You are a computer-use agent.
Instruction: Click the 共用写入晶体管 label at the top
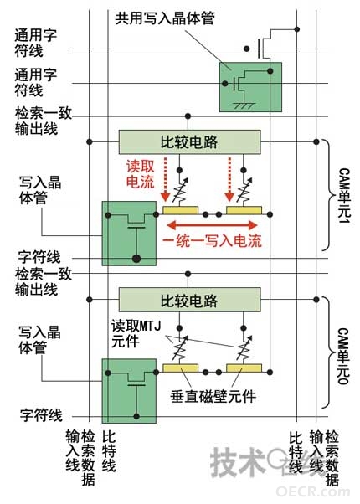click(165, 18)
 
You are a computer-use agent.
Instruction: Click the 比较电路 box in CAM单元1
click(190, 141)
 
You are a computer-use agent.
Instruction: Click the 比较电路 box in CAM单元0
click(190, 300)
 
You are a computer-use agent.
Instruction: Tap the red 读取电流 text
click(141, 174)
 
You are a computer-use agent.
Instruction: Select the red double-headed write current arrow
click(213, 224)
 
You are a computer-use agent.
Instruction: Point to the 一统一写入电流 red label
click(213, 241)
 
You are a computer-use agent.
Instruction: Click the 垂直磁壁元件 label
click(213, 396)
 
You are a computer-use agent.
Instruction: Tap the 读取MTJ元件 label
click(136, 334)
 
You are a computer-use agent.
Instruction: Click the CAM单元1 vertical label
click(343, 195)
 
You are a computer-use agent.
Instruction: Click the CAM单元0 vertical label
click(343, 356)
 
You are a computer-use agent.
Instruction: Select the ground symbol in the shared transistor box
click(244, 105)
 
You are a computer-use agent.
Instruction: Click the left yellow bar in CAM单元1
click(180, 210)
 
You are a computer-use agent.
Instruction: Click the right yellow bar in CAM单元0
click(244, 368)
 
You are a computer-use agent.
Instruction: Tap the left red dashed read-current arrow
click(166, 179)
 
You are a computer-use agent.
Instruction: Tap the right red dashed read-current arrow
click(229, 179)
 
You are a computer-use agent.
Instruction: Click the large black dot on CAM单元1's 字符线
click(136, 258)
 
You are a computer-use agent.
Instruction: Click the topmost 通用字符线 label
click(35, 43)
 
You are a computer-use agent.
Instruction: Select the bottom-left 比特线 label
click(109, 451)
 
